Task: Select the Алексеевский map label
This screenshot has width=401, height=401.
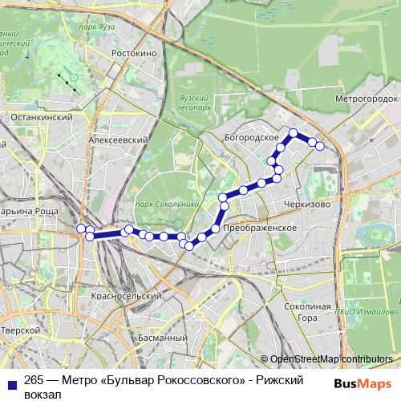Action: point(119,139)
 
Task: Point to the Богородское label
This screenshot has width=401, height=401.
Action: point(251,138)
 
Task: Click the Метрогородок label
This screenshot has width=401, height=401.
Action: point(366,98)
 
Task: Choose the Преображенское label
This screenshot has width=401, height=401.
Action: point(261,229)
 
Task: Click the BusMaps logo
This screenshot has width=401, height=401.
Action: point(363,383)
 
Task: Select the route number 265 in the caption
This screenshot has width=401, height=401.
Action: point(34,382)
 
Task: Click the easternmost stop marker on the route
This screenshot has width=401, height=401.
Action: point(320,146)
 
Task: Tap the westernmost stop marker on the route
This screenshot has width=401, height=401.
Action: point(81,229)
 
